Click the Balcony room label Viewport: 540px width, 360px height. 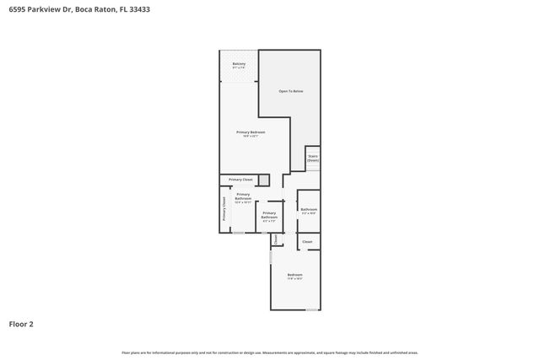239,63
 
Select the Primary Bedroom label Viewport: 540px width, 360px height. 251,132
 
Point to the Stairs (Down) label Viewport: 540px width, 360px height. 312,158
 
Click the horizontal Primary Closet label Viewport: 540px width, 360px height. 240,180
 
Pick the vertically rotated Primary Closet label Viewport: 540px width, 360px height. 224,209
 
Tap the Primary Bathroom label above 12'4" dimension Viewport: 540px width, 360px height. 243,196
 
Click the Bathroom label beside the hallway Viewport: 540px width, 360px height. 309,209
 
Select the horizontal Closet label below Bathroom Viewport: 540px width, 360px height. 307,242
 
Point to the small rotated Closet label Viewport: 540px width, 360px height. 276,239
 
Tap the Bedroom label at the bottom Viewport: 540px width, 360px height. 294,275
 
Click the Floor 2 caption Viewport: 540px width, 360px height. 21,324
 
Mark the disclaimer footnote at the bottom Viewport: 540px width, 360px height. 270,352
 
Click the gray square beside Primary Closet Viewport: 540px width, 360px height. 264,180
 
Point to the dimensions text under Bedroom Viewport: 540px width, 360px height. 294,279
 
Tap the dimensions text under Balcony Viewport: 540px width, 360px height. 239,67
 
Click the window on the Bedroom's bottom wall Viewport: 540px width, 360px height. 312,309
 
